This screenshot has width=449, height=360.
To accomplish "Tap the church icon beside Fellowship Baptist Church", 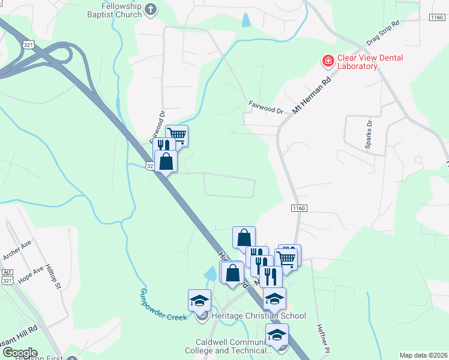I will pyautogui.click(x=151, y=9).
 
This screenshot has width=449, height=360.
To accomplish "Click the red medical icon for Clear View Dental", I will pyautogui.click(x=328, y=61).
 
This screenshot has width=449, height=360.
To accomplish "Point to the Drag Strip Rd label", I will pyautogui.click(x=382, y=37).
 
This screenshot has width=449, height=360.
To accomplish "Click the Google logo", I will pyautogui.click(x=19, y=353).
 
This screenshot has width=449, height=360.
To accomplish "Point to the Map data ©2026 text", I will pyautogui.click(x=423, y=355).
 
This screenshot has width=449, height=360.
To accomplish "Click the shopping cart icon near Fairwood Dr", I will pyautogui.click(x=177, y=134).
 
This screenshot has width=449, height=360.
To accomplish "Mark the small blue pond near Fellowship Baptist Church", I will pyautogui.click(x=246, y=20).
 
